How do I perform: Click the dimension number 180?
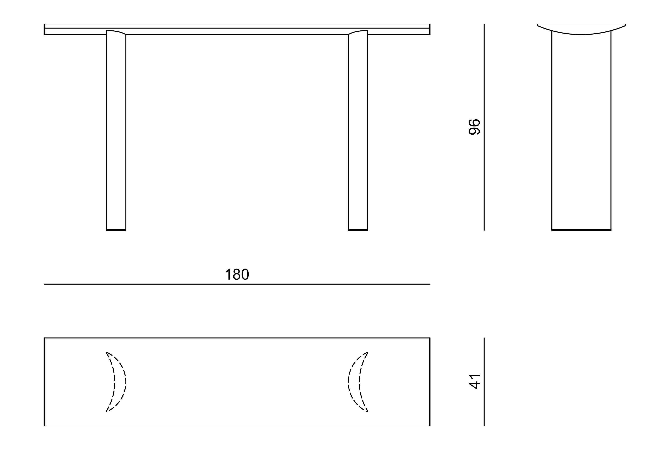click(x=237, y=274)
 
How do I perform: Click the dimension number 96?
click(x=474, y=127)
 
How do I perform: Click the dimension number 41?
click(x=474, y=381)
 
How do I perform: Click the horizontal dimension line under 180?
click(x=237, y=284)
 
